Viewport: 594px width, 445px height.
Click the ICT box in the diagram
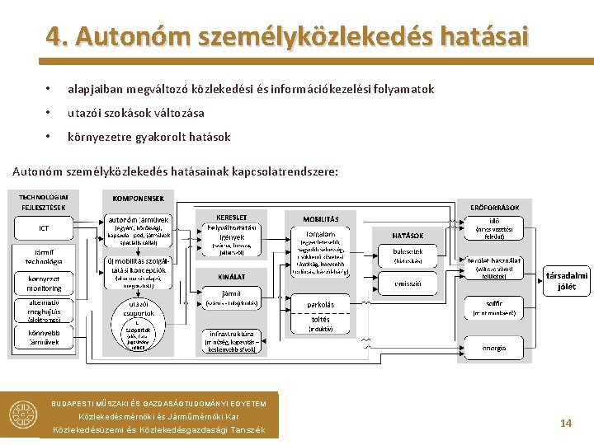pos(44,227)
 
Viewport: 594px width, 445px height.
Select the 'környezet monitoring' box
pos(44,283)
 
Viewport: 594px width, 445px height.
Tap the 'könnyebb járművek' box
pos(44,338)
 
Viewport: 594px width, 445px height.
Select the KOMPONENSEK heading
pos(139,198)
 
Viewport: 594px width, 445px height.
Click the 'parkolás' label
pos(320,304)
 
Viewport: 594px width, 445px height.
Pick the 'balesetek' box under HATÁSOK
pos(408,255)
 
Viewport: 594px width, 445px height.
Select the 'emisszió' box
pos(408,283)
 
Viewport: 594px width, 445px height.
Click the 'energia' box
pos(494,348)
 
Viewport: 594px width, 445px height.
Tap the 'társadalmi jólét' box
pos(567,281)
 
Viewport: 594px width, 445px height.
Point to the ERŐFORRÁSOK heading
pos(494,208)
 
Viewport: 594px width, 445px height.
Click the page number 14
pos(566,423)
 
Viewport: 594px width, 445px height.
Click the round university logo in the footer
pos(24,417)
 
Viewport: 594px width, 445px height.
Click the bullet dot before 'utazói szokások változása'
pos(49,113)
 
